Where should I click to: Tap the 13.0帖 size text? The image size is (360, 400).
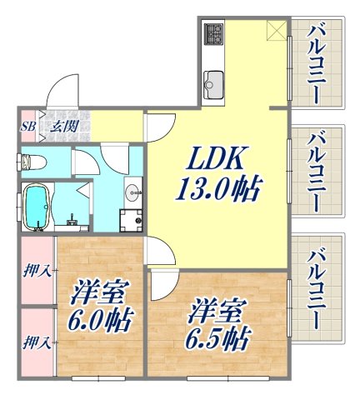(x=214, y=190)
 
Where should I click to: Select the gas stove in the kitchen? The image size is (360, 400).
(x=213, y=34)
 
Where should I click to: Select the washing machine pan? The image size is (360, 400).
(x=131, y=221)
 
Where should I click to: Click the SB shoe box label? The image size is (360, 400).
(x=27, y=127)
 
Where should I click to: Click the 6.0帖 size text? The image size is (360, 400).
(x=99, y=320)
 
